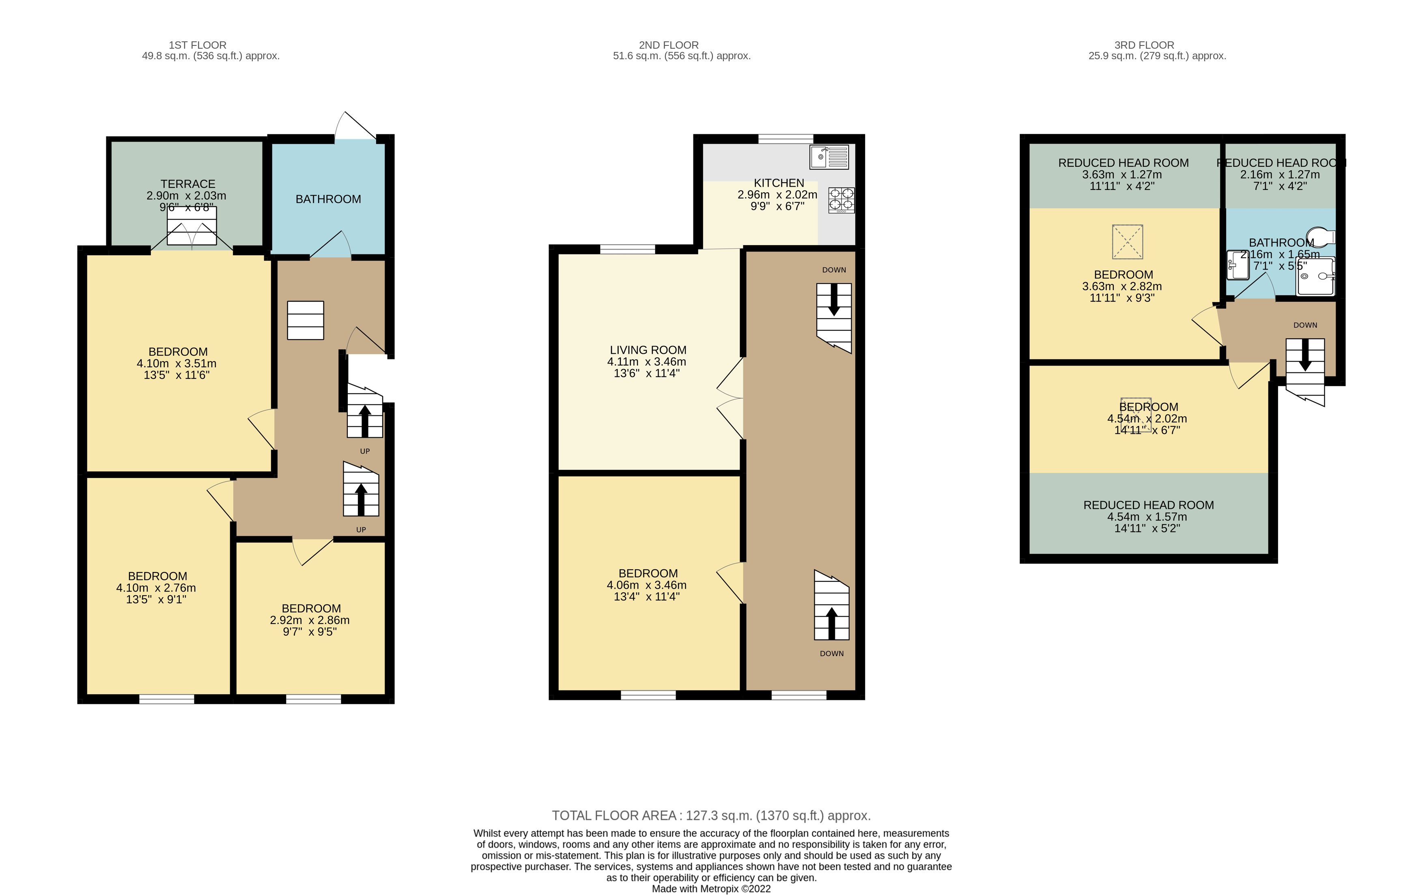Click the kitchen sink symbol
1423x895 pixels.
829,157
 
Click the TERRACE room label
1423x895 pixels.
188,184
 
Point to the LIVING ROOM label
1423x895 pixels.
648,350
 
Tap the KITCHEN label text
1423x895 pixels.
779,183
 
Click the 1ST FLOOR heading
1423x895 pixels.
197,45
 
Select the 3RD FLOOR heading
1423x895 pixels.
1144,45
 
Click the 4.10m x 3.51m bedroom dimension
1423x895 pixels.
177,364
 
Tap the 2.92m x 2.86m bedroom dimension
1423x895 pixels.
310,620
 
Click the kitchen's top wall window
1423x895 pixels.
786,139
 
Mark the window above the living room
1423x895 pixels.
628,249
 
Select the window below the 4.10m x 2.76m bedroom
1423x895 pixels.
167,699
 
